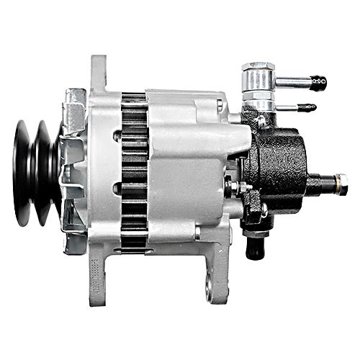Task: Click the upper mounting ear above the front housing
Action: coord(98,72)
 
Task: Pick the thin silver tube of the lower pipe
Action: coord(288,108)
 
